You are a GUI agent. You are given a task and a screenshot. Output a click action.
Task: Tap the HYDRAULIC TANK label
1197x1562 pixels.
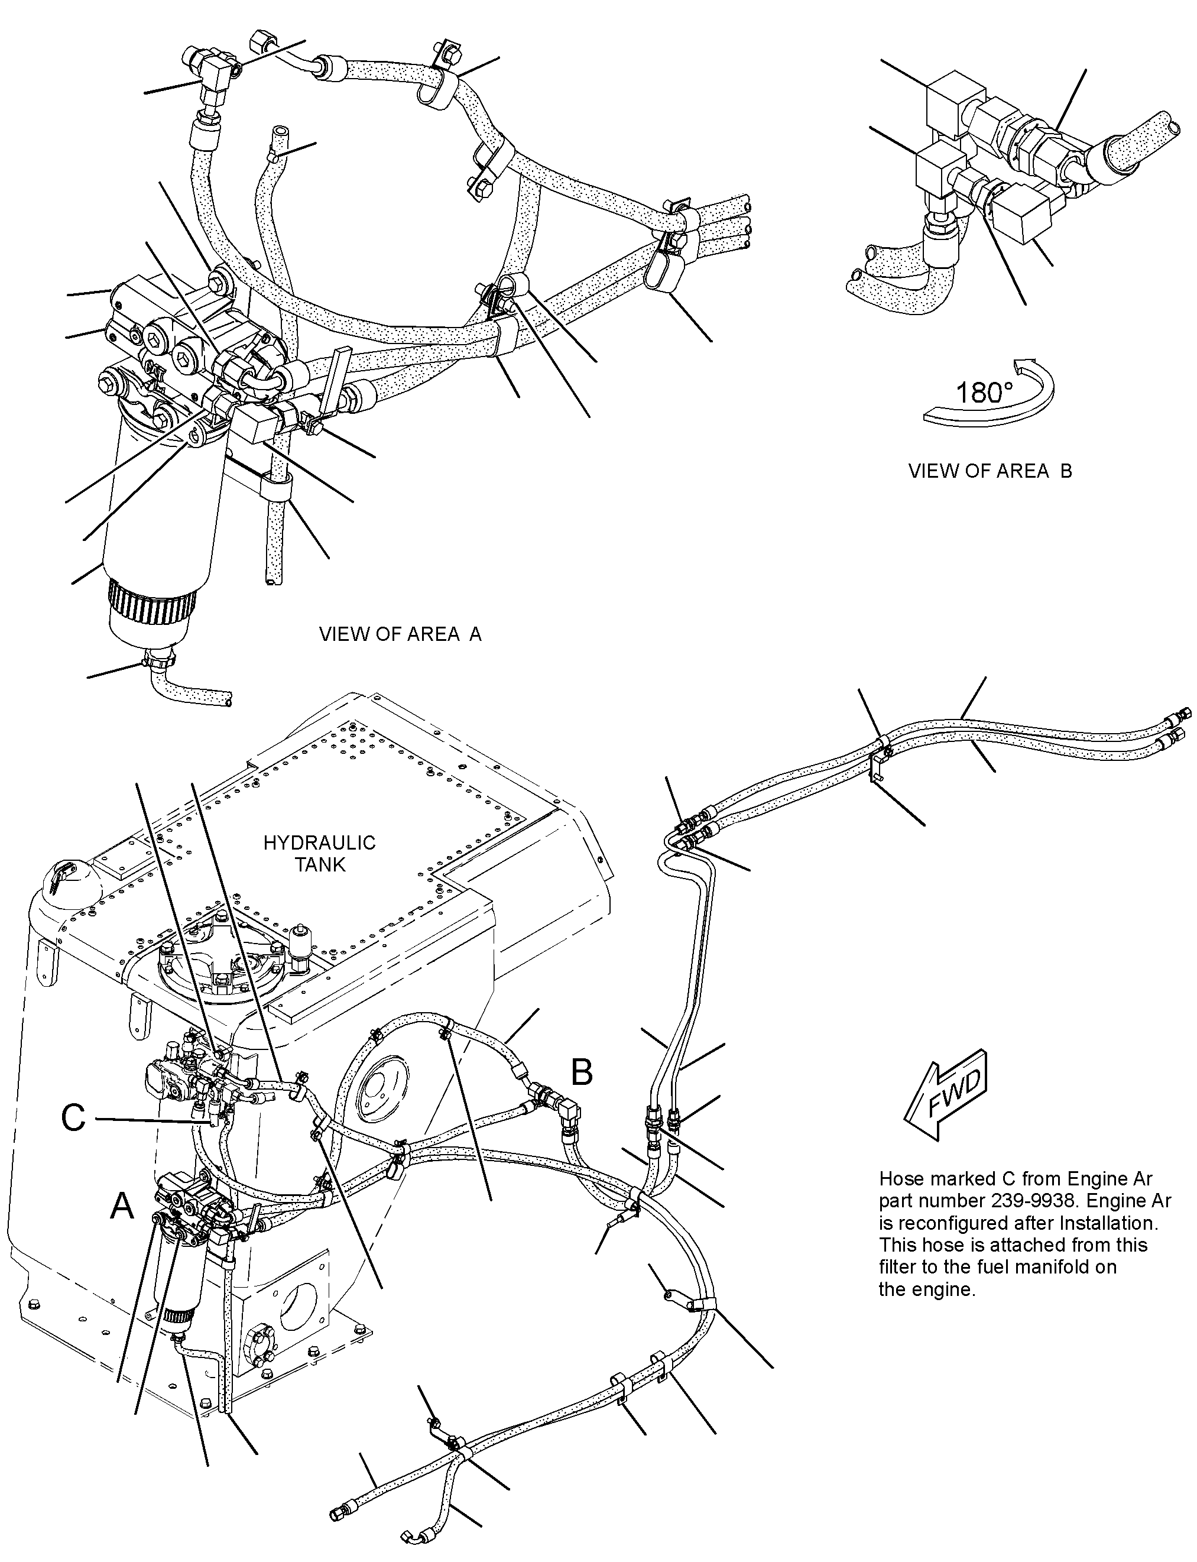(319, 854)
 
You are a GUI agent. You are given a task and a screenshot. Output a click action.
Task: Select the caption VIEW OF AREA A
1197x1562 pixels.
(400, 634)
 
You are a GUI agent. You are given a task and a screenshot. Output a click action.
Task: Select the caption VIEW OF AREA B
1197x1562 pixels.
(990, 471)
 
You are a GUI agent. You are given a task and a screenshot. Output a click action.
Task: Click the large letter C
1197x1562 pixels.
(73, 1118)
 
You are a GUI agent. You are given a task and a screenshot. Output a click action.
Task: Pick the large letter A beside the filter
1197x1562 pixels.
(122, 1207)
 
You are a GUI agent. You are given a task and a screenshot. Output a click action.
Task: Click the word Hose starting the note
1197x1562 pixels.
(902, 1179)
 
